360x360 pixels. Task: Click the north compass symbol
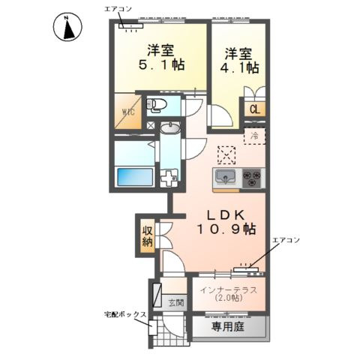[67, 27]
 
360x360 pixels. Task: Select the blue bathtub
[135, 177]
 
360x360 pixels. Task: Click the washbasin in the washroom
[170, 128]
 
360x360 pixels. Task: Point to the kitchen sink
[226, 177]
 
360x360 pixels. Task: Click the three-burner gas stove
[251, 178]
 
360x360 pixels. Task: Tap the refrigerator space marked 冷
[254, 136]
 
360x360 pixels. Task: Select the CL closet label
[255, 109]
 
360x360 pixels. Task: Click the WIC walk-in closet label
[128, 112]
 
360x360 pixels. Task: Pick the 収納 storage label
[148, 236]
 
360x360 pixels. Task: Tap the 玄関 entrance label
[176, 303]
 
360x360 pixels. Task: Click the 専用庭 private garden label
[228, 326]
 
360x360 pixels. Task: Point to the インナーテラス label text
[229, 290]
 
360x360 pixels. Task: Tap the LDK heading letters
[226, 214]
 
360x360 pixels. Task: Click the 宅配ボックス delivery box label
[125, 314]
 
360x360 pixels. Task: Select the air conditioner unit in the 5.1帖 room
[131, 26]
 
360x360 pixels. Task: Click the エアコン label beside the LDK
[286, 240]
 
